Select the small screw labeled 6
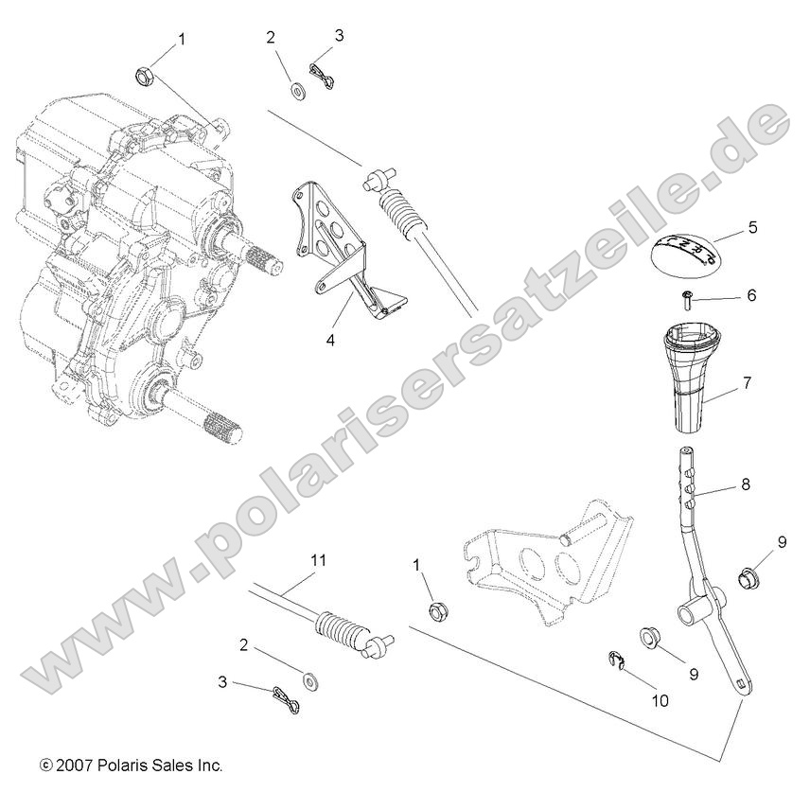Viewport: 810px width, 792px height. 685,300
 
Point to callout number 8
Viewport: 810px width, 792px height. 746,484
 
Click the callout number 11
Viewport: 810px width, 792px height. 318,560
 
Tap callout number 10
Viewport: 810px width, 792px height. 660,701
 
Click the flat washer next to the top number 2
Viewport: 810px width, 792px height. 295,91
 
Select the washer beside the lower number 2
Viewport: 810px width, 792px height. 309,680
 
